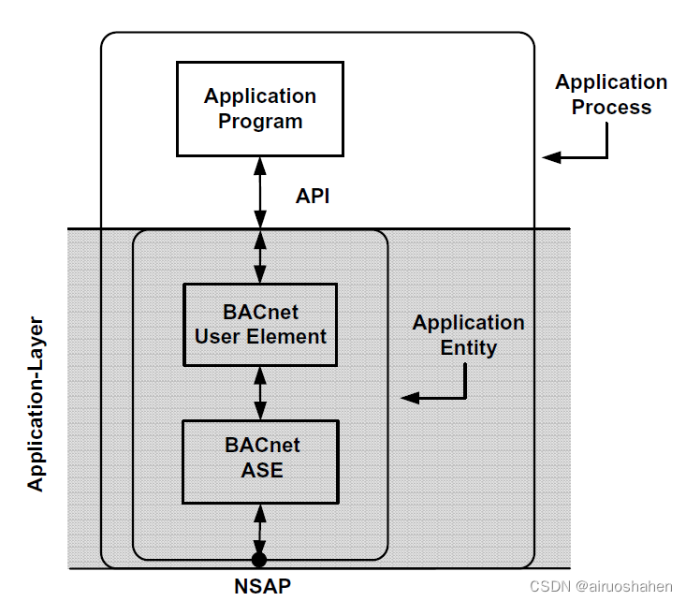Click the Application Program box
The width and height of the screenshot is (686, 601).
point(260,109)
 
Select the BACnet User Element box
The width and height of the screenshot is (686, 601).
point(260,324)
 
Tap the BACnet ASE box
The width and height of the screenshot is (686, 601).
point(260,461)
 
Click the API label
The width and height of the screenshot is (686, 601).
point(313,196)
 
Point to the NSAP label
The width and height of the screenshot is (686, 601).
point(261,587)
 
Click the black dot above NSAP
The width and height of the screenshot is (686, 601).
point(260,561)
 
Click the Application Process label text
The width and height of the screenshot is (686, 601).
point(611,95)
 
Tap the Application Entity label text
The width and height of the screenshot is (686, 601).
point(468,335)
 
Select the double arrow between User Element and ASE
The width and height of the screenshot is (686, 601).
point(260,392)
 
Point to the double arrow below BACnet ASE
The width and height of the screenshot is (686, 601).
point(260,529)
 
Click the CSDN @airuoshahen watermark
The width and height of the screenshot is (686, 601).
point(601,586)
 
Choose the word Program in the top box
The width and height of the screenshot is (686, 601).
point(260,122)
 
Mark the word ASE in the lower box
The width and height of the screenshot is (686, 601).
point(261,472)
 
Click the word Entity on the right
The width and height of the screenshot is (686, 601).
point(468,347)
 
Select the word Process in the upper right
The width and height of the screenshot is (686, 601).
point(611,107)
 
